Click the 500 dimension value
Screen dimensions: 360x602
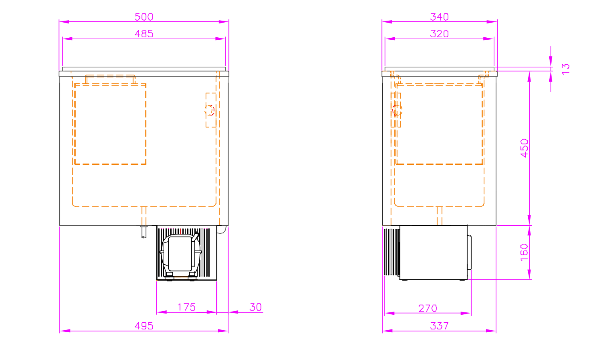(144, 17)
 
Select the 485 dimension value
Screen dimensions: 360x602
(144, 34)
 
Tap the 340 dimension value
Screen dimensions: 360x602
(439, 17)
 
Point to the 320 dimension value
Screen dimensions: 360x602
(439, 34)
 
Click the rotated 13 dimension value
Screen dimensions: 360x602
(565, 68)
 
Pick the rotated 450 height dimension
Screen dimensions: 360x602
(524, 148)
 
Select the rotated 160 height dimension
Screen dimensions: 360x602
(524, 252)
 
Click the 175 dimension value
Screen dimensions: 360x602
(187, 307)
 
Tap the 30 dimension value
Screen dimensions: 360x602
(256, 307)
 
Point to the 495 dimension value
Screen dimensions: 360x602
(144, 326)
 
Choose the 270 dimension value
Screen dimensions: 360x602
(428, 308)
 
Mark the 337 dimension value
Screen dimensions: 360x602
(439, 326)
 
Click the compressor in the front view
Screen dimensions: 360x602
(181, 254)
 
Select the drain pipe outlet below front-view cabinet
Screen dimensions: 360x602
(144, 232)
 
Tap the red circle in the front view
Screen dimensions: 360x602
(210, 110)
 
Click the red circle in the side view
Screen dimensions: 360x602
(396, 110)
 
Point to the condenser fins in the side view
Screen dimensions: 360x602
(392, 252)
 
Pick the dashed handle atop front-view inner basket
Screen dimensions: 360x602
(110, 79)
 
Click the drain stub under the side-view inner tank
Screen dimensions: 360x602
(439, 216)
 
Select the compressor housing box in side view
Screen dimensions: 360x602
(433, 252)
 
